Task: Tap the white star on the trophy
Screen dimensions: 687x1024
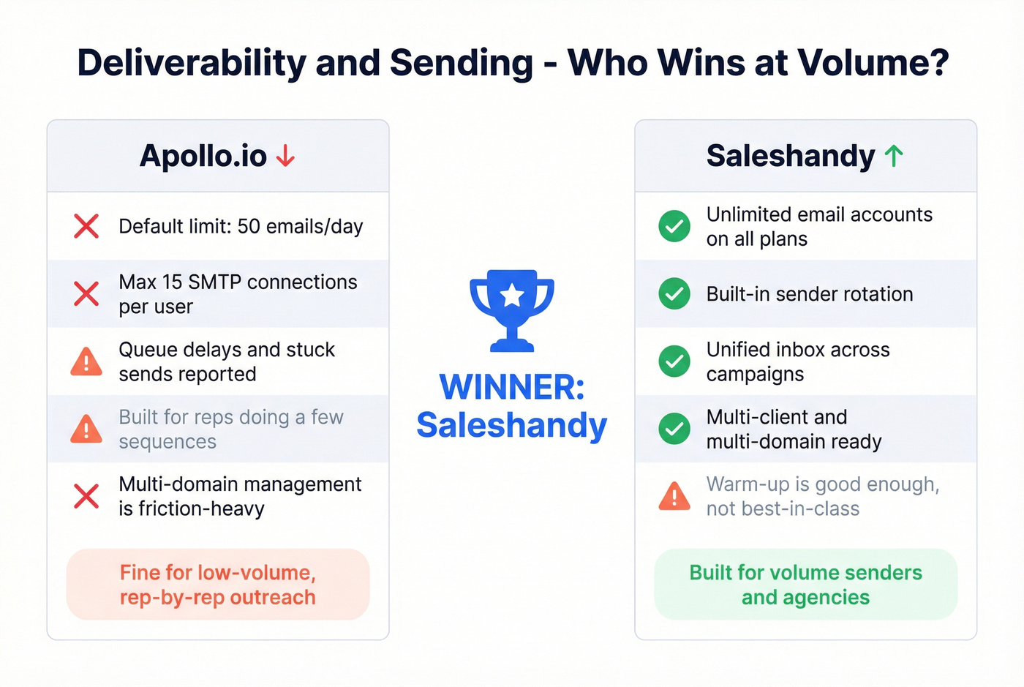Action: pos(512,296)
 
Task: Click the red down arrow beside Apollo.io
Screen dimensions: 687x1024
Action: pos(285,156)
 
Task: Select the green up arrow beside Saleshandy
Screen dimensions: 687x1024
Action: pos(894,156)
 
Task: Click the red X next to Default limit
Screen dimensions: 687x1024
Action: pos(86,226)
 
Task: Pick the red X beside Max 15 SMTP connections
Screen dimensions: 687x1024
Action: pos(86,294)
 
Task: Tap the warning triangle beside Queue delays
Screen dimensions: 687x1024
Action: pos(86,361)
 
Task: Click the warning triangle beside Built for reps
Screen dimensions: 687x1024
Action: pos(86,429)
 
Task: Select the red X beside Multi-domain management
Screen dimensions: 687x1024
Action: pos(86,496)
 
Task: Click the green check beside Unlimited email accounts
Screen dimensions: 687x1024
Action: pos(674,226)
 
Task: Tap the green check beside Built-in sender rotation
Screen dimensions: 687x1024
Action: pos(674,294)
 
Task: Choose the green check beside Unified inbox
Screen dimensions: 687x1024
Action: pos(674,361)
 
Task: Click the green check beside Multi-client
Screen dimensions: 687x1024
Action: pos(674,429)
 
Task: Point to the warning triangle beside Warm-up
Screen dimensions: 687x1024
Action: pos(674,496)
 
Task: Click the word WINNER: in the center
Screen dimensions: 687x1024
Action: pos(512,387)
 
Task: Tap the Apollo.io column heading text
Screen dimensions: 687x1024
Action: pos(203,156)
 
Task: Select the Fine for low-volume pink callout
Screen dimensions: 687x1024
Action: pos(218,585)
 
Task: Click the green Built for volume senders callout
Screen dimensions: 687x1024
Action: pos(806,585)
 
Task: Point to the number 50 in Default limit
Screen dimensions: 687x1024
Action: pos(249,227)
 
